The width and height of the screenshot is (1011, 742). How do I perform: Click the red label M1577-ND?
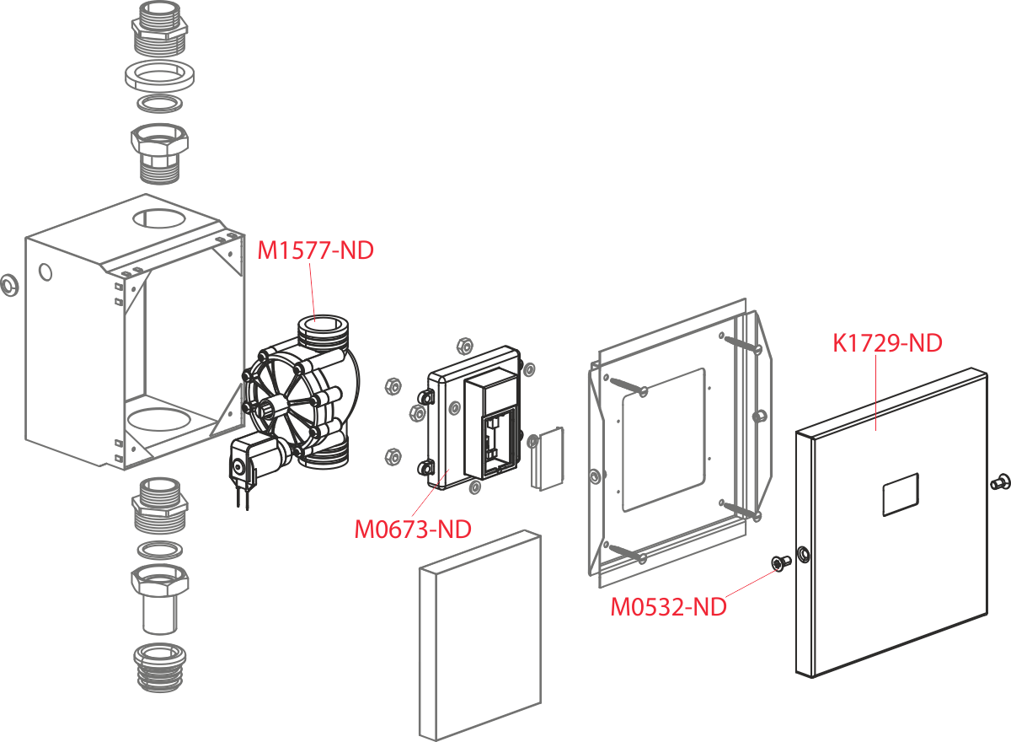pos(315,250)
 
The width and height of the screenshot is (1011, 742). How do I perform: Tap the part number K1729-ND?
pos(887,343)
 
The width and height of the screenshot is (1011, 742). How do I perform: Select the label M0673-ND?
pos(412,529)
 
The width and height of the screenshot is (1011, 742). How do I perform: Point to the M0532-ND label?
pos(668,606)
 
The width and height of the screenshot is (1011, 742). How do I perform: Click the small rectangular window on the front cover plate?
pos(899,494)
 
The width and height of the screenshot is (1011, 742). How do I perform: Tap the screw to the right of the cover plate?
pos(1000,482)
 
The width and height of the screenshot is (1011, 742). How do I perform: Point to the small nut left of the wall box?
pos(7,285)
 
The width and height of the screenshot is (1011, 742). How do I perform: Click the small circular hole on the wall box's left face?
pos(45,272)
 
